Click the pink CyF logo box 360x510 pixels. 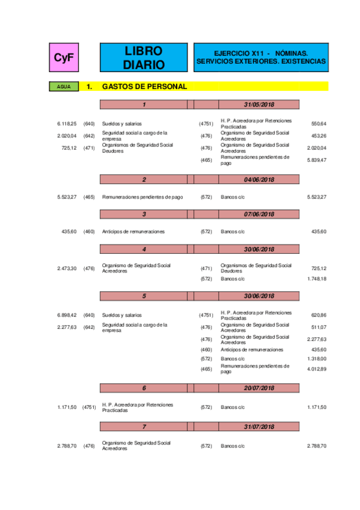click(x=64, y=57)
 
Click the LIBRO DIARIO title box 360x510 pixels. click(x=143, y=57)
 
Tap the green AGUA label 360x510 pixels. click(x=64, y=87)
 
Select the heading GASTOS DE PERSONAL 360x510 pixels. click(x=144, y=87)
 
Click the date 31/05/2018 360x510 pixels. click(x=259, y=105)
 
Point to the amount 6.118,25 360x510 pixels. click(x=67, y=123)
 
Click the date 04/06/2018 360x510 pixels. click(x=259, y=179)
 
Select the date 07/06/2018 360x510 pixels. click(x=259, y=214)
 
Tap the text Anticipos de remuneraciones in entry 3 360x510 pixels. click(x=133, y=232)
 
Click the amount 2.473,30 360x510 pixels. click(x=67, y=268)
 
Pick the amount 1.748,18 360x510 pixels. click(x=316, y=279)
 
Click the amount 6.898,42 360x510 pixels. click(x=67, y=315)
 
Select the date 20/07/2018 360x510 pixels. click(x=259, y=388)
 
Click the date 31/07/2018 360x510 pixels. click(x=259, y=426)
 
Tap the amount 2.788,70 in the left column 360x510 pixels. click(x=67, y=446)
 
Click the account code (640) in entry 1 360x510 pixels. click(x=89, y=123)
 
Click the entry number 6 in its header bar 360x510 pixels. click(x=144, y=388)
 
